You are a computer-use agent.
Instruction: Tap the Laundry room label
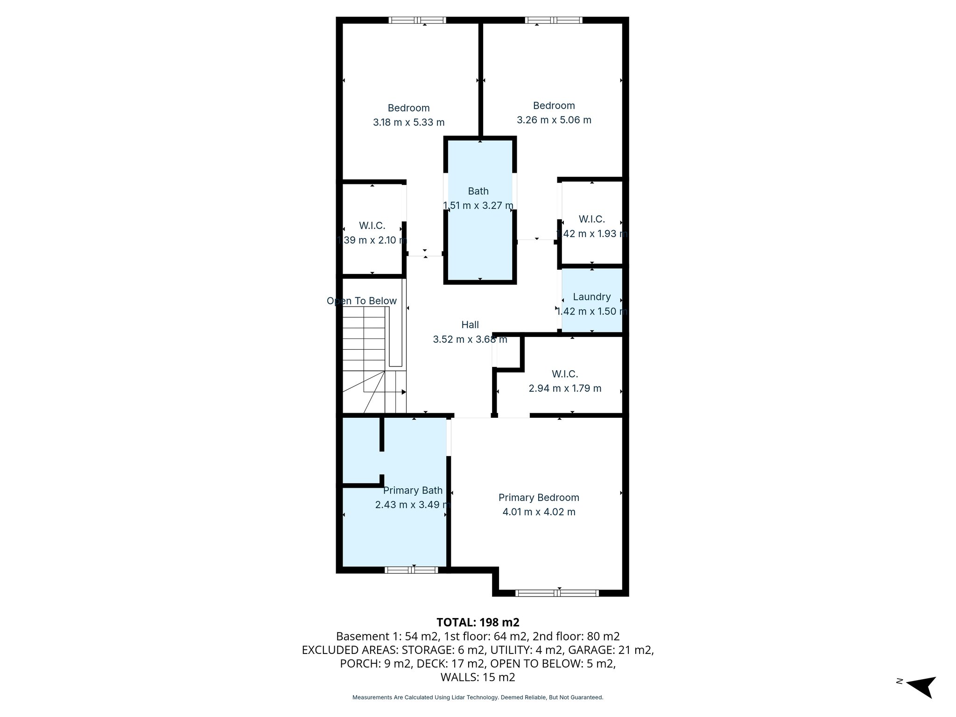pyautogui.click(x=591, y=297)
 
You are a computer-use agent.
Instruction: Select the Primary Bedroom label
pyautogui.click(x=539, y=498)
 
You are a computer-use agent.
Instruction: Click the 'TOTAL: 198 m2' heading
pyautogui.click(x=478, y=622)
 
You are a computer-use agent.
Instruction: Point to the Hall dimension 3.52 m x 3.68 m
pyautogui.click(x=470, y=339)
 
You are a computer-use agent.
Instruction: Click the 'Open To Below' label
pyautogui.click(x=362, y=301)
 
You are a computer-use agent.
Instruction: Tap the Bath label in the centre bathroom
pyautogui.click(x=478, y=191)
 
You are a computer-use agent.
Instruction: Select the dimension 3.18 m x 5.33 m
pyautogui.click(x=408, y=122)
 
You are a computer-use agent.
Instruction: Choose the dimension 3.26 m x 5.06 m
pyautogui.click(x=554, y=120)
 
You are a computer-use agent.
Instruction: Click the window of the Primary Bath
pyautogui.click(x=411, y=569)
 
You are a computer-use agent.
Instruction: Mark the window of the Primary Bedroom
pyautogui.click(x=556, y=593)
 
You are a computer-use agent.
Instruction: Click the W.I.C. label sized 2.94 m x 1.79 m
pyautogui.click(x=565, y=374)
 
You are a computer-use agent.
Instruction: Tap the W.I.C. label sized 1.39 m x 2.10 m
pyautogui.click(x=372, y=226)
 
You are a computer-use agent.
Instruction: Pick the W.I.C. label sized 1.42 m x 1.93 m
pyautogui.click(x=591, y=219)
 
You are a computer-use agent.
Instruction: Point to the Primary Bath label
pyautogui.click(x=413, y=491)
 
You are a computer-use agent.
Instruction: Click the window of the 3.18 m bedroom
pyautogui.click(x=417, y=20)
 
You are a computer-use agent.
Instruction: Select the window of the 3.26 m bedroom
pyautogui.click(x=553, y=20)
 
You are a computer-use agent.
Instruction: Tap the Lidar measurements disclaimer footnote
pyautogui.click(x=478, y=697)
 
